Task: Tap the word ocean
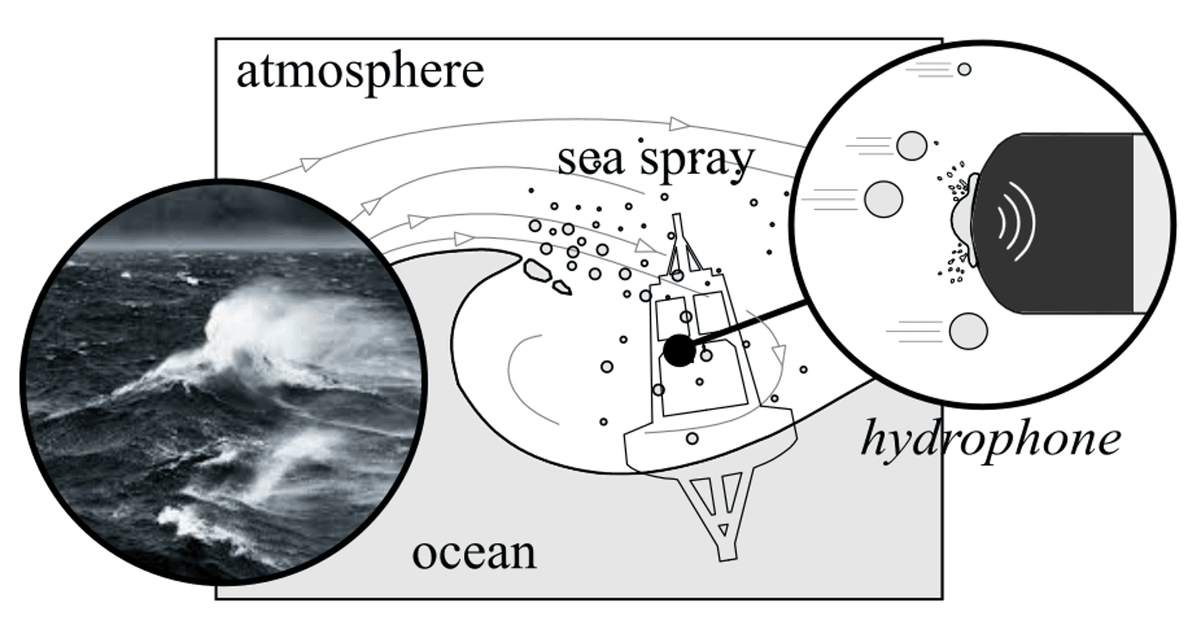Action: click(x=474, y=553)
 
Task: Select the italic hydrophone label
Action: click(x=990, y=439)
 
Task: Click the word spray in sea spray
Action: click(x=697, y=161)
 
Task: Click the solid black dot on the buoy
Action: click(x=678, y=350)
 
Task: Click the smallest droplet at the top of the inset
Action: click(x=964, y=70)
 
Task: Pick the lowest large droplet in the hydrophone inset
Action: click(x=968, y=331)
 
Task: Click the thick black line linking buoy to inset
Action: click(x=748, y=324)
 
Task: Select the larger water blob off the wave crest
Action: click(x=538, y=270)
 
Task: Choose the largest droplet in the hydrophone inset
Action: click(x=884, y=199)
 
